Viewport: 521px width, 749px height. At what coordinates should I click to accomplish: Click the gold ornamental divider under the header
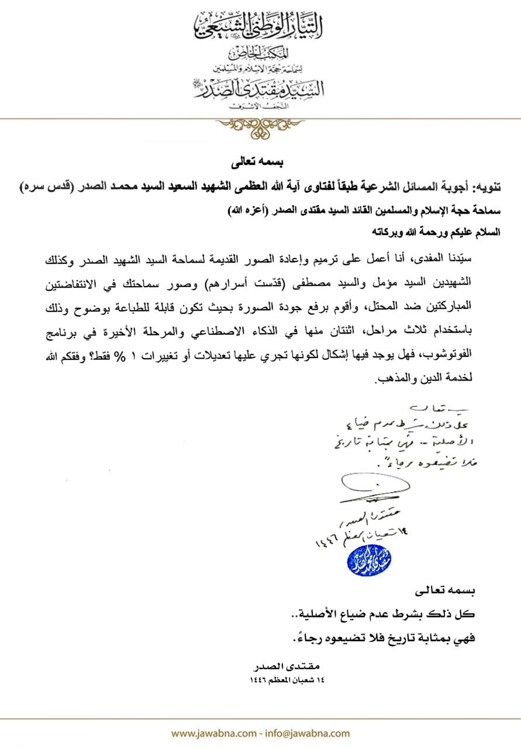pyautogui.click(x=260, y=125)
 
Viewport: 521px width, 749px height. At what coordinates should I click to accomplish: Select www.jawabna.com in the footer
pyautogui.click(x=213, y=733)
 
